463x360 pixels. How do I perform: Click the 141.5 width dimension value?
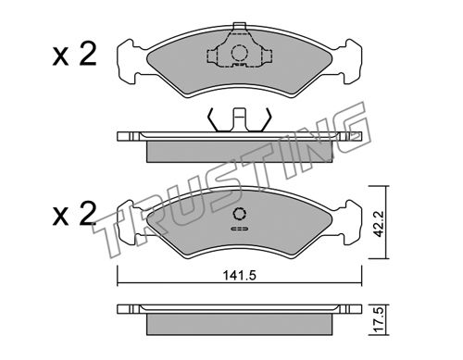pyautogui.click(x=240, y=275)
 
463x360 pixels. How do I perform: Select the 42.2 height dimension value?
pyautogui.click(x=378, y=224)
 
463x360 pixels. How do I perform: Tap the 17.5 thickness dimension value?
pyautogui.click(x=378, y=320)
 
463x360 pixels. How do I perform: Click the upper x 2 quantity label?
pyautogui.click(x=74, y=55)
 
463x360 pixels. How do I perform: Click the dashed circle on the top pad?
pyautogui.click(x=239, y=53)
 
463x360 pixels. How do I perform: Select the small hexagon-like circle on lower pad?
pyautogui.click(x=240, y=213)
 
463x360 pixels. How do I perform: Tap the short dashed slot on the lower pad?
pyautogui.click(x=239, y=229)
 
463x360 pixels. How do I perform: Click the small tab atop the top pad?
pyautogui.click(x=239, y=26)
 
